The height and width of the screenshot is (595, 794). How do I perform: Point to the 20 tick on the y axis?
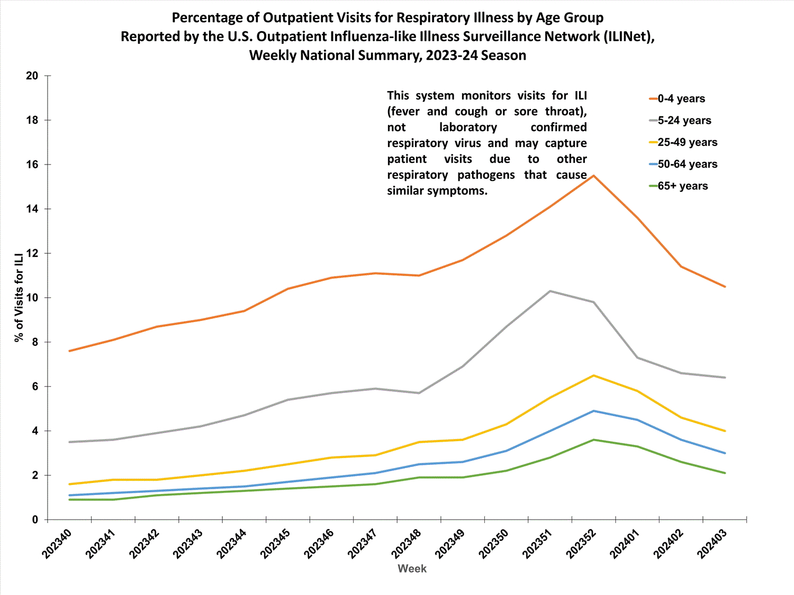32,76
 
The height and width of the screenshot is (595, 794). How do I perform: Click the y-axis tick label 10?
32,298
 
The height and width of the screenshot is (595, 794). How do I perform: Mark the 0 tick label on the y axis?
35,520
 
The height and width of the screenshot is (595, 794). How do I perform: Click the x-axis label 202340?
57,543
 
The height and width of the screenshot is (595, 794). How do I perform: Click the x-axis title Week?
412,569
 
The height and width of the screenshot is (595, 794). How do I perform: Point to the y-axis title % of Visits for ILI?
19,297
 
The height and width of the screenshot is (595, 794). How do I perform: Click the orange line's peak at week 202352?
594,176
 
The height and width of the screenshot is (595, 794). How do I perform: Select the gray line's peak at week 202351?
550,291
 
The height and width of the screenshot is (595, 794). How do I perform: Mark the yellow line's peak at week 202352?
594,376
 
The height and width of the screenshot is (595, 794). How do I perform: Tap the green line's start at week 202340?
70,500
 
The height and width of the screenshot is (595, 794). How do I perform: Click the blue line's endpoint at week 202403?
725,453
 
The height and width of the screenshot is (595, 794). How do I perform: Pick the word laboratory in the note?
468,127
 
